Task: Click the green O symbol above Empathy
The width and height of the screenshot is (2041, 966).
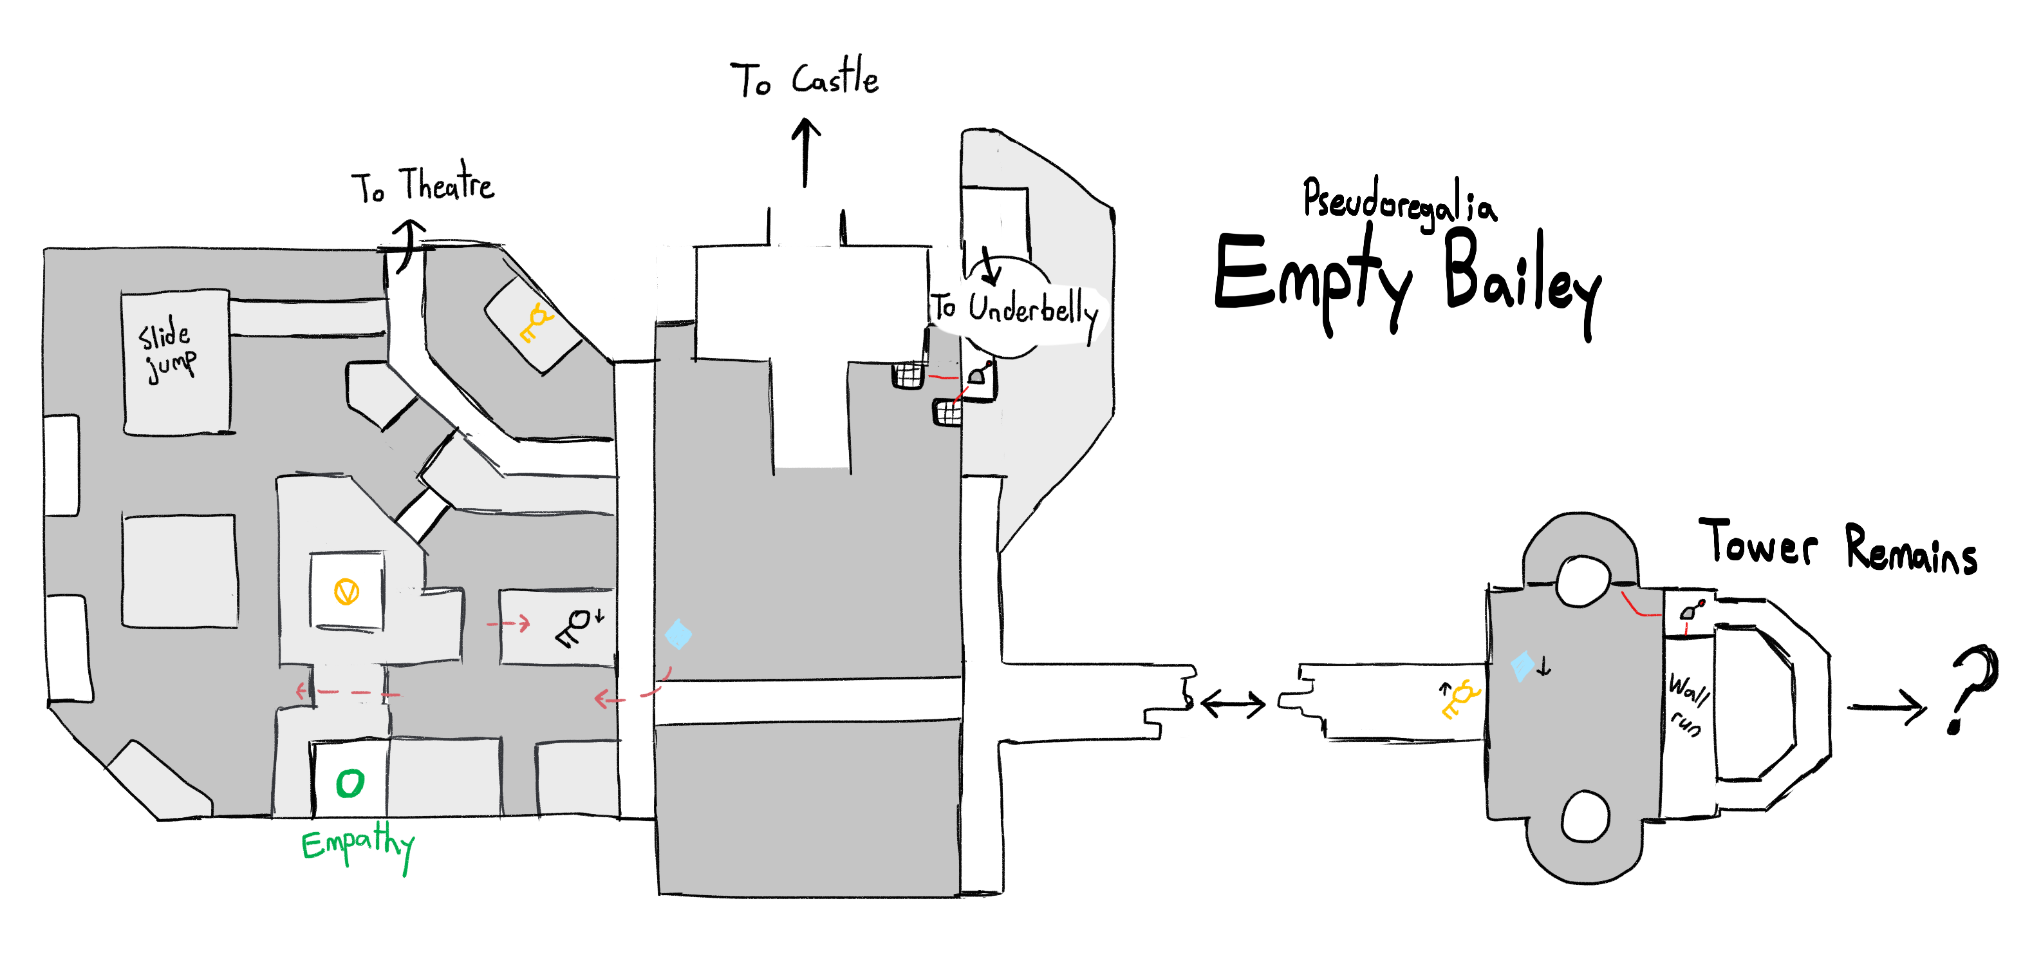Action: pos(349,784)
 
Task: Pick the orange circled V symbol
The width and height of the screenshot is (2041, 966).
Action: pos(346,591)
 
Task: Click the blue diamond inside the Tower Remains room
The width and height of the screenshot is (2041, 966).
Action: pos(1521,666)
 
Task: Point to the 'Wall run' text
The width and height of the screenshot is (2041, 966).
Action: pos(1687,705)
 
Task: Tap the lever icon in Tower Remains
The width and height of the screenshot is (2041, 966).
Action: pos(1691,609)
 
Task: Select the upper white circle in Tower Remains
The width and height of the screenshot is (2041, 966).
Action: pos(1582,581)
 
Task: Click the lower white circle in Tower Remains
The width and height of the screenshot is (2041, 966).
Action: pos(1585,816)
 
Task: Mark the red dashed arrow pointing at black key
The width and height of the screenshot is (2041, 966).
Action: pos(508,623)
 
